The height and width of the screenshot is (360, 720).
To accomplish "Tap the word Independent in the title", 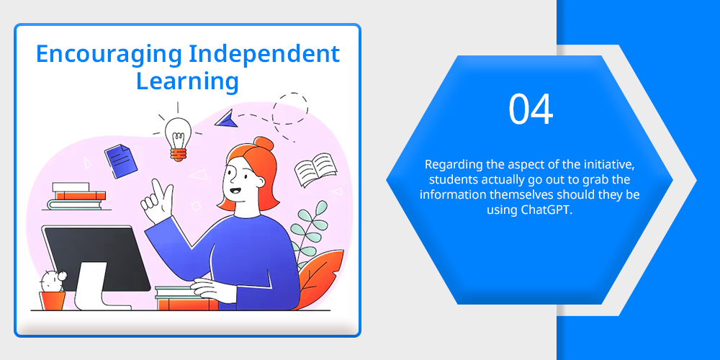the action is pyautogui.click(x=265, y=53).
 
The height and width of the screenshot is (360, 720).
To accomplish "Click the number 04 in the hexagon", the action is pyautogui.click(x=531, y=109).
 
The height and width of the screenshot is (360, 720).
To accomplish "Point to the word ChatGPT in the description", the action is pyautogui.click(x=546, y=210).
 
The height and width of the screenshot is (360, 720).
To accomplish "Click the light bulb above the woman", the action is pyautogui.click(x=178, y=138).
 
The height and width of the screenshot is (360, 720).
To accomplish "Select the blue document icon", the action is pyautogui.click(x=121, y=161).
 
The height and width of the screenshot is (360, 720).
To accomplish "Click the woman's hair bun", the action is pyautogui.click(x=264, y=144).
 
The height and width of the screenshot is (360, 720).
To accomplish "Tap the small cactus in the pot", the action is pyautogui.click(x=52, y=281).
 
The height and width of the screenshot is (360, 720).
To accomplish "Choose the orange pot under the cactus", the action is pyautogui.click(x=52, y=301).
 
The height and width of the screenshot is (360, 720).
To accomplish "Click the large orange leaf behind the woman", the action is pyautogui.click(x=320, y=279).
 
